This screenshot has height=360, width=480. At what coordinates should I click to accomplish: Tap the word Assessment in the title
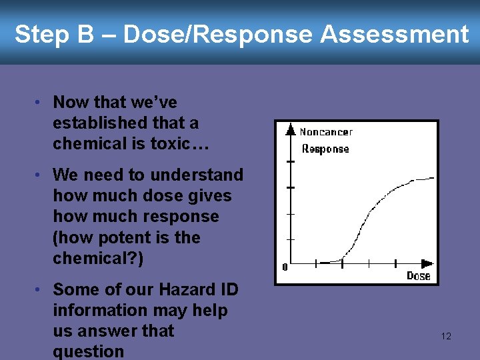pos(395,35)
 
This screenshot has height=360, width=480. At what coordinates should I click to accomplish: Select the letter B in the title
pos(85,35)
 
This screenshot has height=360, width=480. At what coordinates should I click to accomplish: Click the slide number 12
pos(446,336)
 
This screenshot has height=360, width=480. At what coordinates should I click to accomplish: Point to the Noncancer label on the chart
pos(326,132)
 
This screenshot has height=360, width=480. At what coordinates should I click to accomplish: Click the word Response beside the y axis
pos(325,149)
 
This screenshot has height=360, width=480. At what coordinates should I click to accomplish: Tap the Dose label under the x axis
pos(419,276)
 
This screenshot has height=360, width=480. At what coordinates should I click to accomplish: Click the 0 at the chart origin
pos(285,267)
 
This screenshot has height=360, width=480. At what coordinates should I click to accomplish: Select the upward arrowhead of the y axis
pos(290,129)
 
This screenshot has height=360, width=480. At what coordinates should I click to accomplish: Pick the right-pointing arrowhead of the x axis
pos(427,263)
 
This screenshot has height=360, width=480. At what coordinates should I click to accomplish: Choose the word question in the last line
pos(89,351)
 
